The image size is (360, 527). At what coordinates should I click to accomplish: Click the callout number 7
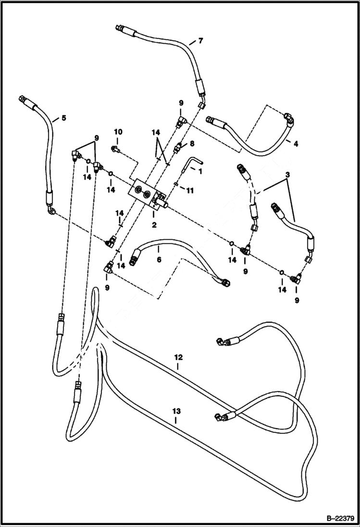click(x=200, y=41)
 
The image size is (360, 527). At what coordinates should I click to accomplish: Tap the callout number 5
click(x=63, y=117)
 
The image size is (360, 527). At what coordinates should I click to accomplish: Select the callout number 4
click(x=296, y=143)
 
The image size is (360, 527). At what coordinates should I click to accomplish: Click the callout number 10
click(x=118, y=132)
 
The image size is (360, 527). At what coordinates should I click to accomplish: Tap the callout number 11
click(x=190, y=191)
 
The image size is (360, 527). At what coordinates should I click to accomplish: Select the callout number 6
click(x=158, y=260)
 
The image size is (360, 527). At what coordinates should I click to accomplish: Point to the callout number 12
click(x=178, y=357)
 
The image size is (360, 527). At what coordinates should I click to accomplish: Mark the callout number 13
click(x=176, y=411)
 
